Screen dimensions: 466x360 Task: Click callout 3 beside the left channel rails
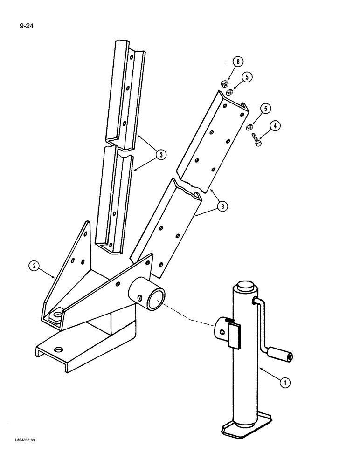(x=160, y=155)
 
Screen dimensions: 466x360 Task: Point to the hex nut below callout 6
(x=223, y=84)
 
